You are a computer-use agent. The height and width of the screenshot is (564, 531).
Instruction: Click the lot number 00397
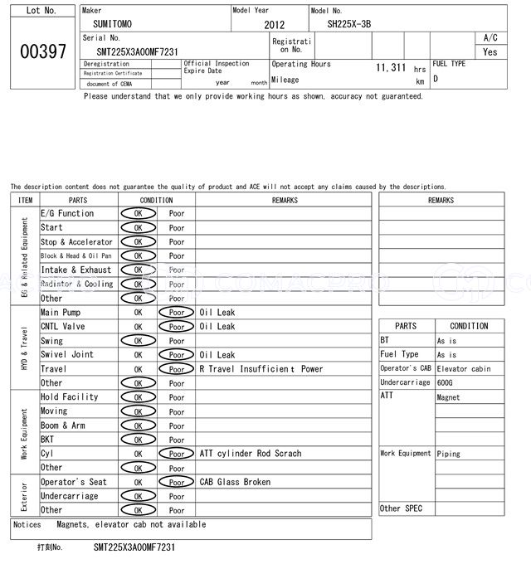[x=42, y=51]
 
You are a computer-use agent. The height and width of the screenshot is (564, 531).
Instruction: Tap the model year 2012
[x=274, y=26]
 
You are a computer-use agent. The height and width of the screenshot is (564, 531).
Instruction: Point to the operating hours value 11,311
[x=391, y=67]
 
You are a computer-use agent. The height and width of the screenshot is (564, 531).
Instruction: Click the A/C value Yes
[x=490, y=52]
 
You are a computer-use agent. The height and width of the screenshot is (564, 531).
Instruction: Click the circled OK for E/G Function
[x=138, y=213]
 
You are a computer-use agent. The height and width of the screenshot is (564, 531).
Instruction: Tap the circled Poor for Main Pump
[x=177, y=313]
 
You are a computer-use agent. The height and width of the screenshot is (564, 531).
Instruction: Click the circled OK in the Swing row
[x=138, y=341]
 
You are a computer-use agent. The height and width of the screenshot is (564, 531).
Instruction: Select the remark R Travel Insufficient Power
[x=261, y=369]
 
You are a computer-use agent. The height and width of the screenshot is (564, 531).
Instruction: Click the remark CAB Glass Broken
[x=235, y=482]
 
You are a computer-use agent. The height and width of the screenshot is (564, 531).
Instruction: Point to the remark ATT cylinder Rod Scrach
[x=250, y=454]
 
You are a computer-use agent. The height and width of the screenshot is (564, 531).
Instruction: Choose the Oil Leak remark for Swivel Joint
[x=217, y=355]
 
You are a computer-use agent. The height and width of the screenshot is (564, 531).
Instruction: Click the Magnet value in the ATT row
[x=448, y=397]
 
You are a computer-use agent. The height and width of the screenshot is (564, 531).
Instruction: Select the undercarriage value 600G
[x=446, y=382]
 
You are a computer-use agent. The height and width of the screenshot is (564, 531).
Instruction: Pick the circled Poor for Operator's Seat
[x=177, y=482]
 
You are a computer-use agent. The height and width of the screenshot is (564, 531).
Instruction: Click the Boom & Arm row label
[x=63, y=425]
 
